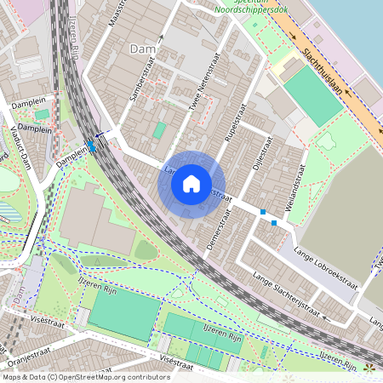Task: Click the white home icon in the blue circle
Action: click(191, 183)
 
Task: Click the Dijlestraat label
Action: click(260, 157)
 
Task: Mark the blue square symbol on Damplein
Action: click(91, 146)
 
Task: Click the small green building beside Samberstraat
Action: click(159, 130)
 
